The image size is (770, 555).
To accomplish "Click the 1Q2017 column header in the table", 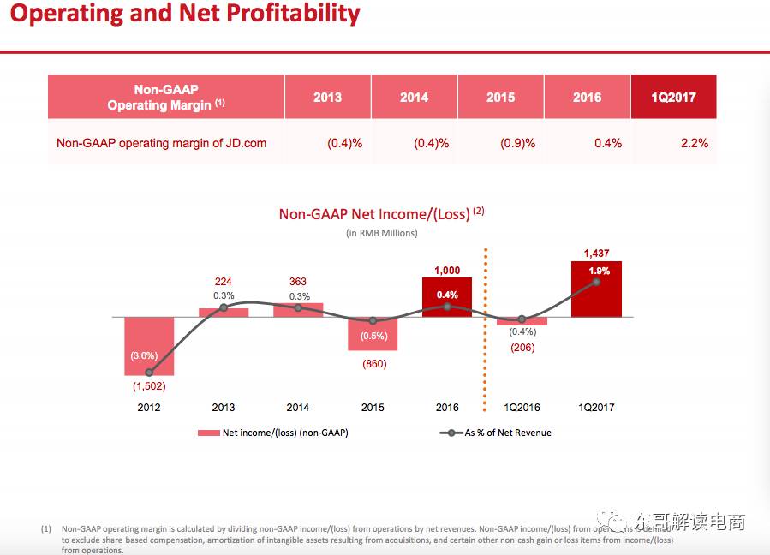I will (x=673, y=98).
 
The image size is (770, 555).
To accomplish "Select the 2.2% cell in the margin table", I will (x=694, y=143).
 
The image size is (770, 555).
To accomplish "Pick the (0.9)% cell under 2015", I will (x=517, y=143).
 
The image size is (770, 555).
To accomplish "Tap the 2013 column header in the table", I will (x=327, y=98).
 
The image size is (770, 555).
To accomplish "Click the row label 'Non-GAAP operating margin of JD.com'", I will (x=161, y=143).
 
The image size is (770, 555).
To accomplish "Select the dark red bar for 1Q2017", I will (x=596, y=300).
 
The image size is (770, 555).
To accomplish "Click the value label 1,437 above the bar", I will (x=596, y=254).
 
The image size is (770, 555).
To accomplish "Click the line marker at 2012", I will (x=149, y=373).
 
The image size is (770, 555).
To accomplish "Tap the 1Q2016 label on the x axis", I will (x=522, y=408).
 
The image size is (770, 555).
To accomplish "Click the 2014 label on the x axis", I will (x=298, y=408).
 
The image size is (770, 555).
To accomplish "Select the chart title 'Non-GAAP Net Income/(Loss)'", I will (x=374, y=214).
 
